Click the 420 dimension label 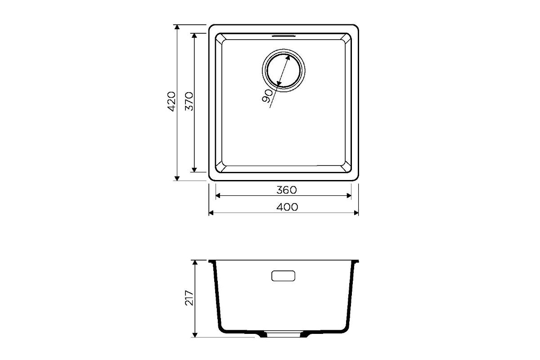coord(171,101)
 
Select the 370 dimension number coord(189,101)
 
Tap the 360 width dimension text coord(287,190)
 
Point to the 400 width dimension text coord(287,207)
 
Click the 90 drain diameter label coord(267,96)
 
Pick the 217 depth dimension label coord(189,298)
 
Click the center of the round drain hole coord(283,70)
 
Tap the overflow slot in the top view coord(283,36)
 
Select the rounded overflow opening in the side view coord(283,276)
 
